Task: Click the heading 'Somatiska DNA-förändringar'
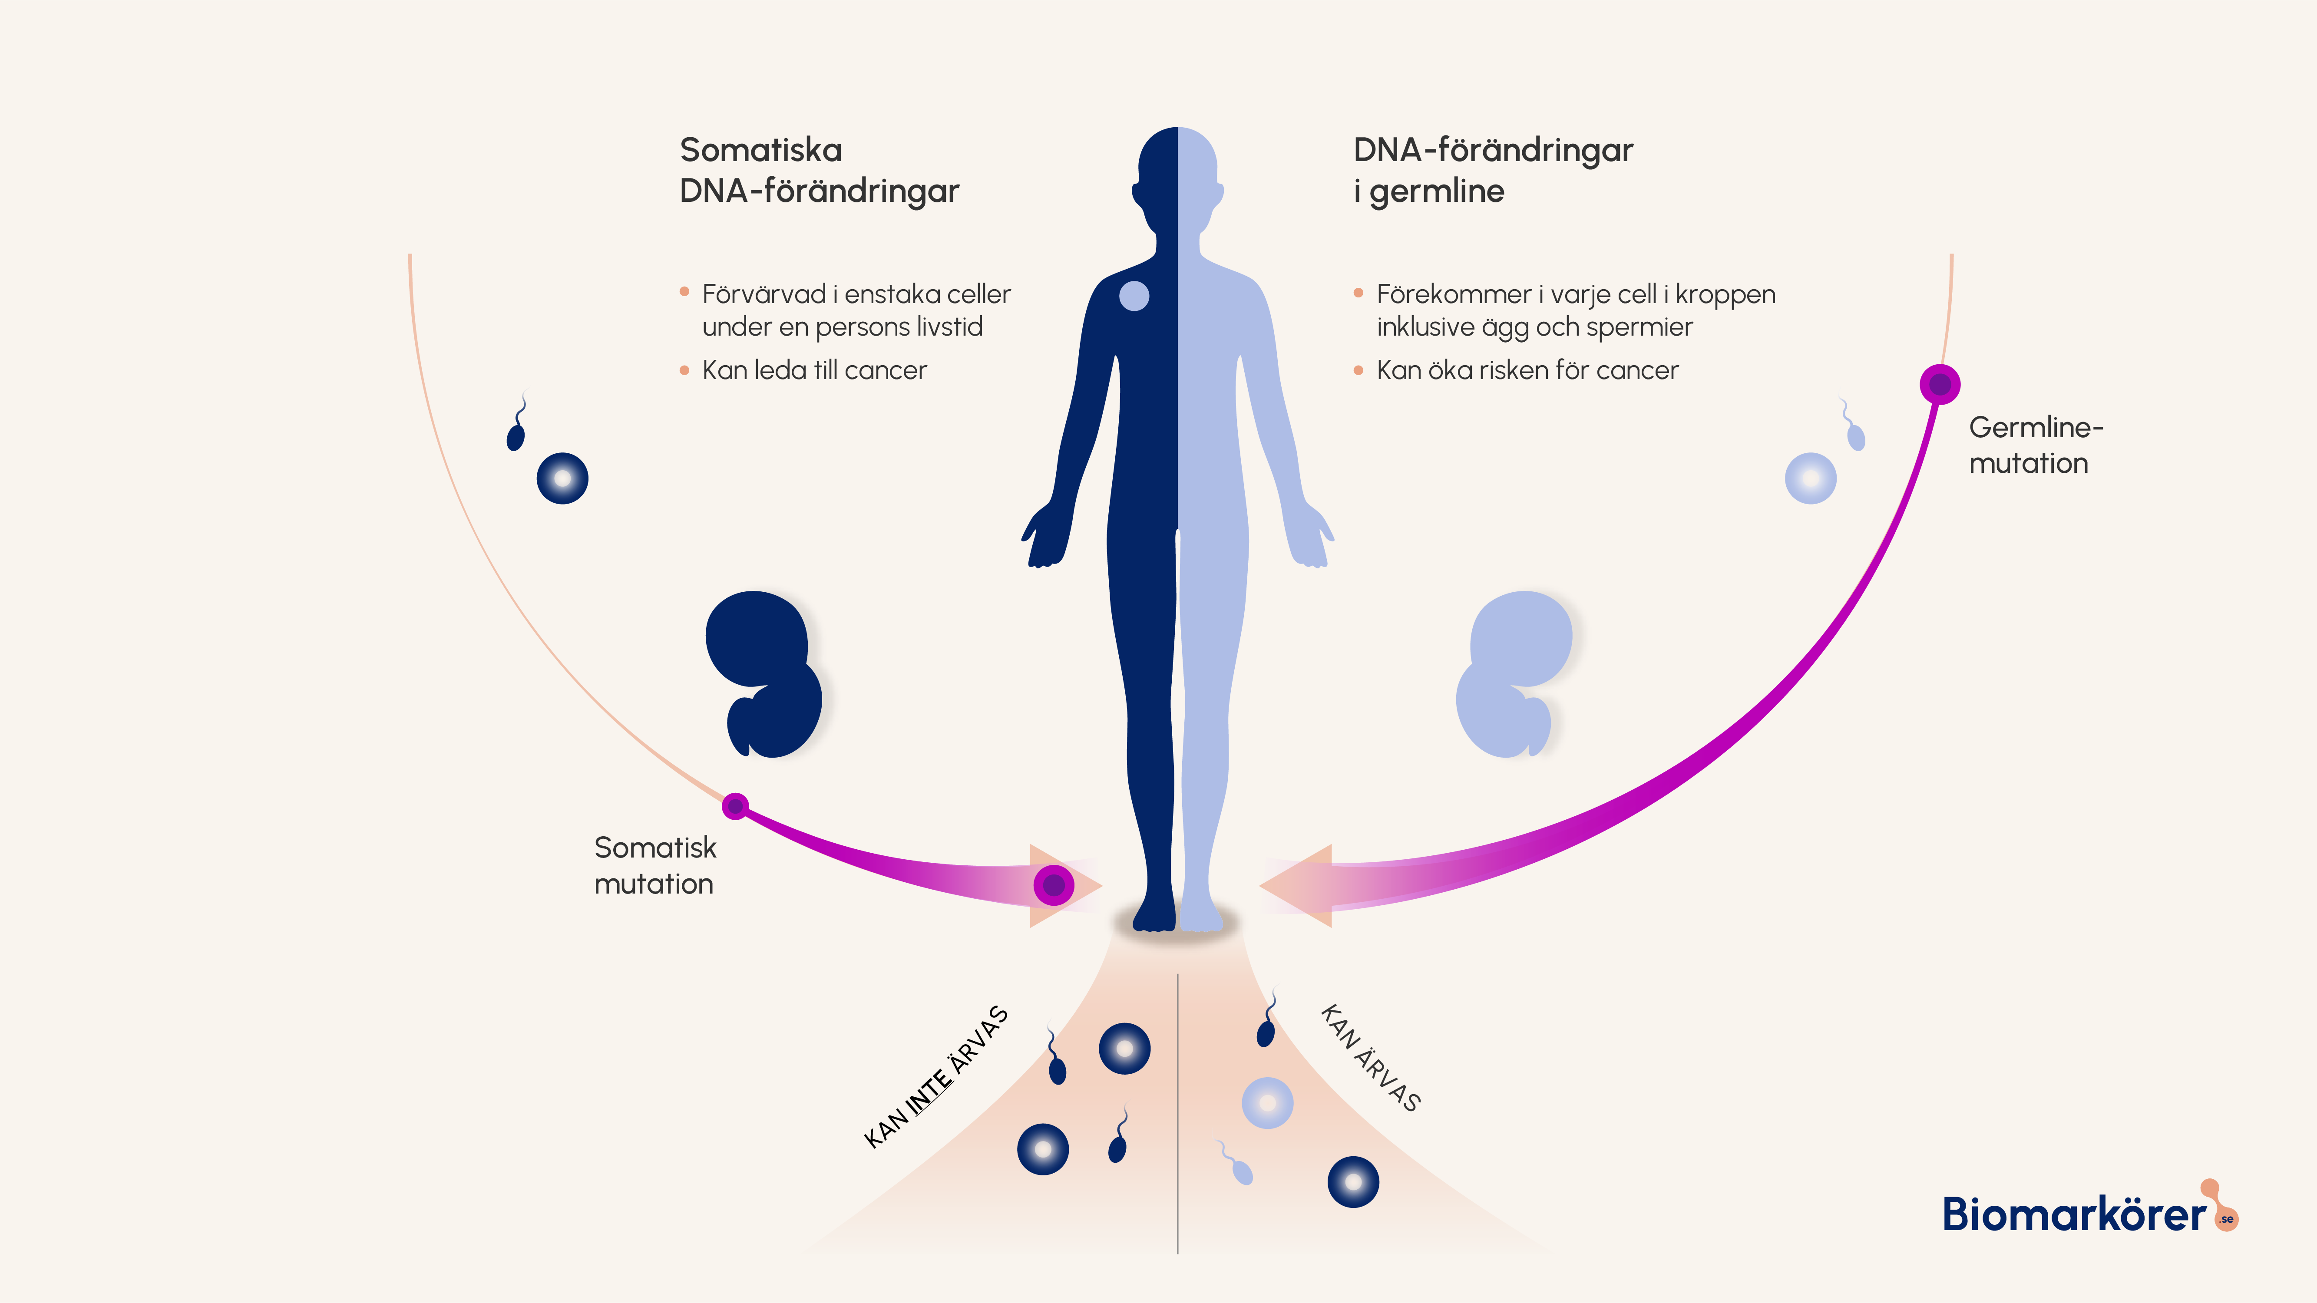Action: point(819,170)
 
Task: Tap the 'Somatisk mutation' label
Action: point(655,865)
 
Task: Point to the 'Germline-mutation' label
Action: point(2035,445)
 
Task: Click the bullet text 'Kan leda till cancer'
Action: point(814,370)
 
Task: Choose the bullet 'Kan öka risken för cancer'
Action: point(1527,370)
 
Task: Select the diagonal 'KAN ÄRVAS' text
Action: point(1370,1058)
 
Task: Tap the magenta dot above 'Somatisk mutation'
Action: point(736,806)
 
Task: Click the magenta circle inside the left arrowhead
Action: point(1053,885)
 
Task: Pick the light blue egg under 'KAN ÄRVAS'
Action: point(1267,1102)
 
